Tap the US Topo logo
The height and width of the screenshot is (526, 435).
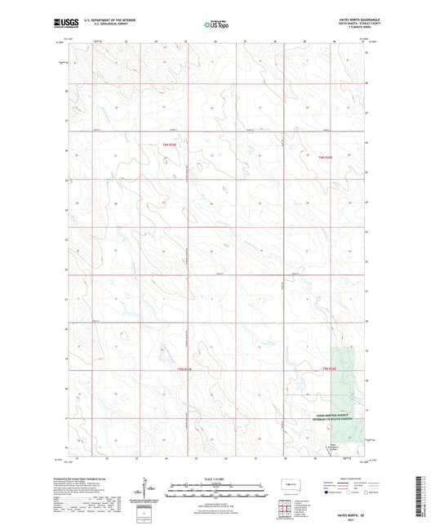click(x=217, y=25)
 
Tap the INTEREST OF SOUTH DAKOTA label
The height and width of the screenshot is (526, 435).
click(x=334, y=420)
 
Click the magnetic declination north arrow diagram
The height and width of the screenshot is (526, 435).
click(x=150, y=492)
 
